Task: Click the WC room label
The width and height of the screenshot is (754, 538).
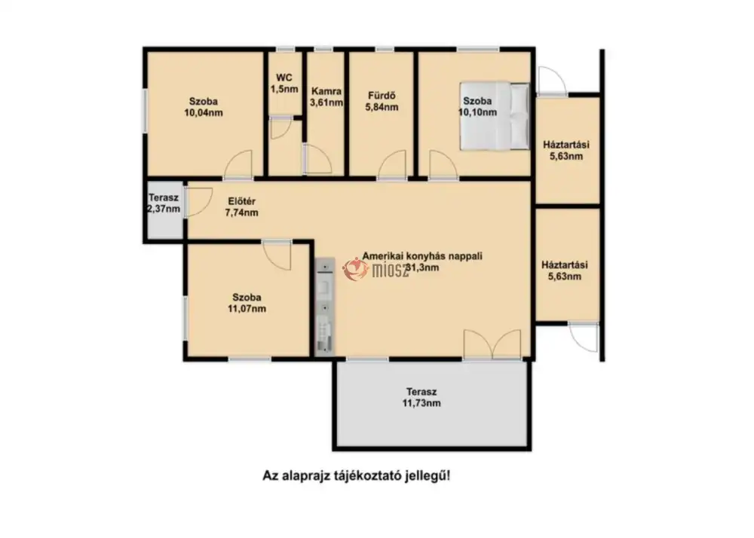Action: click(284, 83)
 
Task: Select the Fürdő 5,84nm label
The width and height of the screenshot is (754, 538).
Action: click(382, 102)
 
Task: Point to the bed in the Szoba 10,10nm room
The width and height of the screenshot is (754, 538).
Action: click(495, 116)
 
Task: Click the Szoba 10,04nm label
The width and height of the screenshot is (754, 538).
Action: click(204, 107)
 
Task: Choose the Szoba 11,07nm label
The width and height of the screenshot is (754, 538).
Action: click(247, 303)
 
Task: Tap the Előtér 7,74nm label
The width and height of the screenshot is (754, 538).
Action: click(241, 206)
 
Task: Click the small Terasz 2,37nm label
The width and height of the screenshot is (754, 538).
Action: click(164, 203)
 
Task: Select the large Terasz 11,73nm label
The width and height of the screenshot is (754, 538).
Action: click(421, 397)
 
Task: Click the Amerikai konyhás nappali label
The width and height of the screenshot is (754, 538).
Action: click(422, 256)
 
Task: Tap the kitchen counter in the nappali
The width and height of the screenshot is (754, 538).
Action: click(324, 307)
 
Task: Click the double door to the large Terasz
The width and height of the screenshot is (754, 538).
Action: click(492, 344)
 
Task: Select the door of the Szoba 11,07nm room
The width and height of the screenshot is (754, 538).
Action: click(277, 255)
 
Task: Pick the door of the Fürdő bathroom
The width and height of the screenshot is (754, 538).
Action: click(392, 165)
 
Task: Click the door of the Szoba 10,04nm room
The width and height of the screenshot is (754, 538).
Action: click(238, 165)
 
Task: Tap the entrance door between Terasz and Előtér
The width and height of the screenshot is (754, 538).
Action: click(198, 202)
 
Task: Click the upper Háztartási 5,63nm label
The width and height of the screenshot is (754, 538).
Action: click(566, 151)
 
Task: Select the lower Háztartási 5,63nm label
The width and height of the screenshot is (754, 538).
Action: click(565, 271)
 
